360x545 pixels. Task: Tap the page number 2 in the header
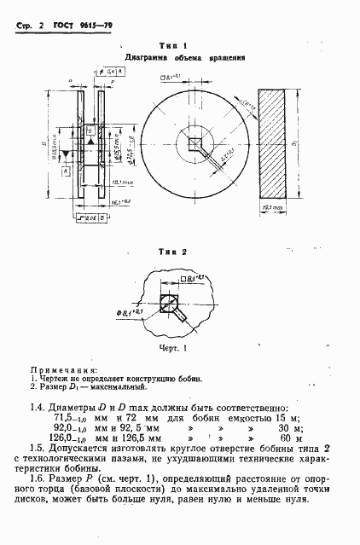point(41,27)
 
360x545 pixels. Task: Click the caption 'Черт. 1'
point(174,347)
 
